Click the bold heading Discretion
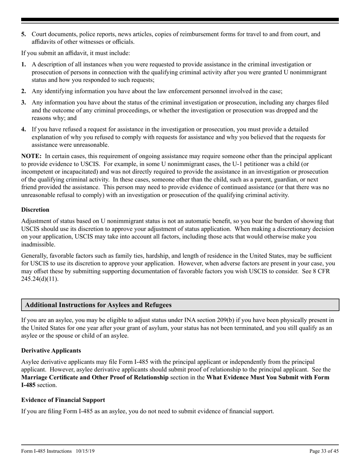point(35,210)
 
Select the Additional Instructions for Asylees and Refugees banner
point(180,305)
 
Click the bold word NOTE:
point(31,156)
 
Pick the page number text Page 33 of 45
point(324,451)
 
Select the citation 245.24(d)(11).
point(40,271)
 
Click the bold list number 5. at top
point(24,34)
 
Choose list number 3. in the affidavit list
point(24,103)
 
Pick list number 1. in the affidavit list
point(24,65)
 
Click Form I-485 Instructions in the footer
point(47,451)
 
